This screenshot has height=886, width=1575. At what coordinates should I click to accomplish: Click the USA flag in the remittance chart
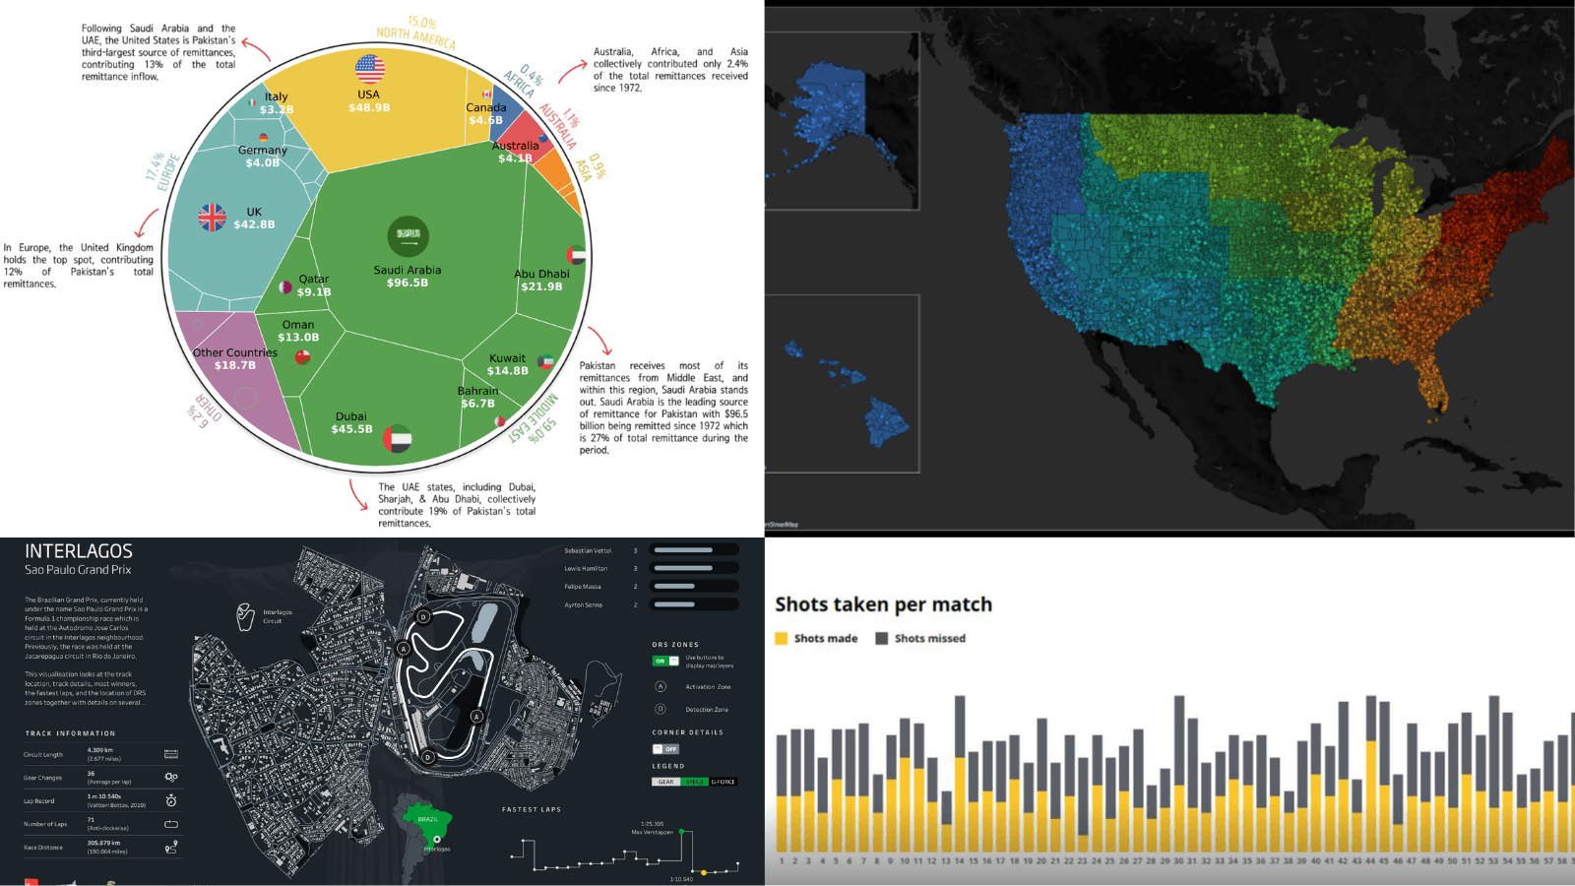(x=369, y=69)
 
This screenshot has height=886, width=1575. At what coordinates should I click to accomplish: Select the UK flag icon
(x=212, y=217)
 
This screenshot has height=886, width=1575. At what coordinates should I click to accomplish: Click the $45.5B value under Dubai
(x=351, y=429)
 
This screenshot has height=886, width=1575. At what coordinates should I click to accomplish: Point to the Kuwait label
(x=507, y=358)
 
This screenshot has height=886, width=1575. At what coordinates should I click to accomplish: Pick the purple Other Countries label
(x=234, y=352)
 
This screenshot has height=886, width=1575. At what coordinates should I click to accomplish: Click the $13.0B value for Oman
(x=298, y=338)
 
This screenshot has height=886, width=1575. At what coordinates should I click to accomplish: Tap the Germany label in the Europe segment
(x=262, y=151)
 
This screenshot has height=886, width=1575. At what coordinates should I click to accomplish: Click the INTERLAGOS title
(x=79, y=551)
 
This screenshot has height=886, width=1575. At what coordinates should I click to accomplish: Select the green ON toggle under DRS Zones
(x=665, y=661)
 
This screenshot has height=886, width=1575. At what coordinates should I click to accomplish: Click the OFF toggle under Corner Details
(x=665, y=749)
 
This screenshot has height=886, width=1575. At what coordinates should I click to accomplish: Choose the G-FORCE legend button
(x=723, y=782)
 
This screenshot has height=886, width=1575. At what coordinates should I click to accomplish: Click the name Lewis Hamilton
(x=586, y=569)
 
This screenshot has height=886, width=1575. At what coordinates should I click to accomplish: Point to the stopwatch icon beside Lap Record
(x=171, y=801)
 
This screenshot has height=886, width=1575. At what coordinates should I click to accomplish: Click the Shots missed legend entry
(x=929, y=639)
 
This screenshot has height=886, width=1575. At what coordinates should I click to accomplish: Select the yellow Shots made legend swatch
(x=782, y=639)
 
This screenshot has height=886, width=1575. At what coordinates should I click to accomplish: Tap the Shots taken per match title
(x=883, y=604)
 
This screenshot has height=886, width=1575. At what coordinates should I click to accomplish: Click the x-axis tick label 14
(x=959, y=861)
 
